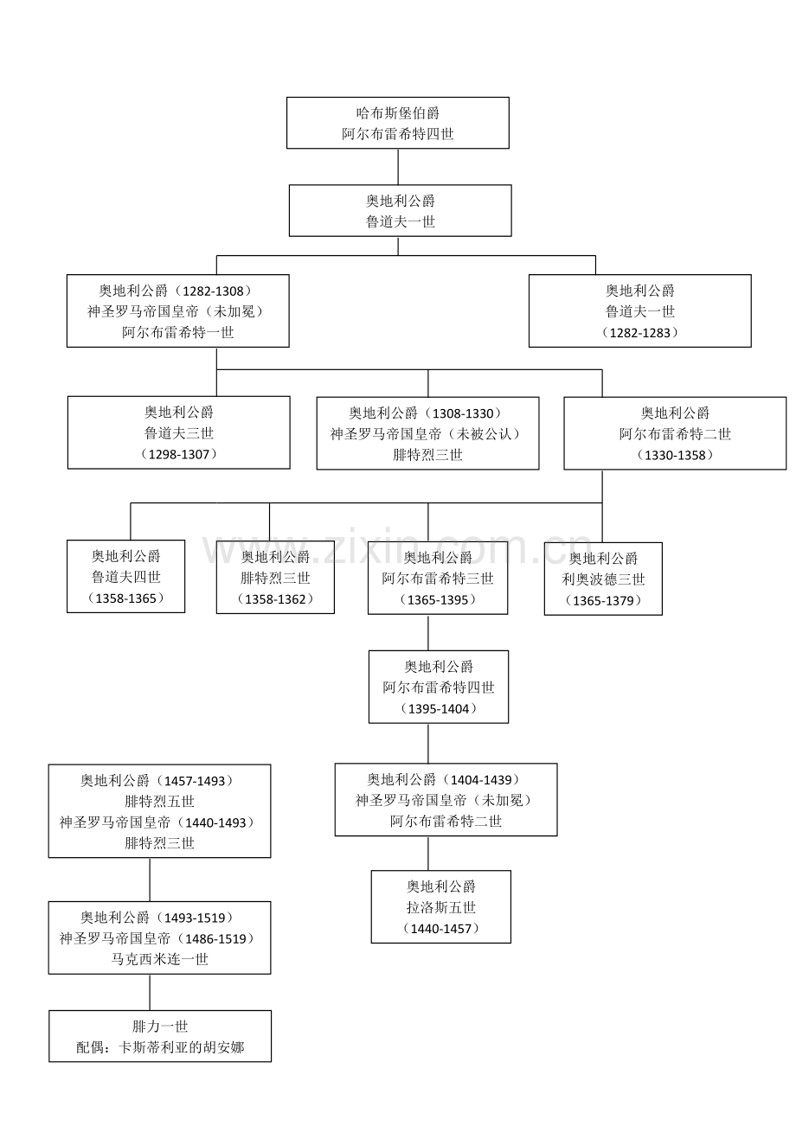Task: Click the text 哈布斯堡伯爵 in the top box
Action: coord(398,112)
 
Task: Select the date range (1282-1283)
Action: coord(640,333)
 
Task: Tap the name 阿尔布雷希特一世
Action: coord(178,332)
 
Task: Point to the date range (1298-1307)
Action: coord(178,454)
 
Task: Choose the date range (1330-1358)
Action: coord(675,455)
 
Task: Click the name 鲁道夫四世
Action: coord(126,577)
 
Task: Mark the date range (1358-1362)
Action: coord(275,598)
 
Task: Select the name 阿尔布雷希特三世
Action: coord(438,579)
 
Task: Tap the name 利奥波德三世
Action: coord(603,579)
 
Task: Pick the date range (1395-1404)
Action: coord(439,708)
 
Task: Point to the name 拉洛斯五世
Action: coord(441,907)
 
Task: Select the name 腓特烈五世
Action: coord(160,802)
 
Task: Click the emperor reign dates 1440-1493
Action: coord(215,822)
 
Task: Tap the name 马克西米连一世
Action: coord(160,959)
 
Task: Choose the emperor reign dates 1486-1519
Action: coord(215,938)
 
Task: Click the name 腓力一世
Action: coord(160,1027)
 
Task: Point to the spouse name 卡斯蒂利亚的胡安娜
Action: coord(182,1048)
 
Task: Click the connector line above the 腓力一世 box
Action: coord(151,992)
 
